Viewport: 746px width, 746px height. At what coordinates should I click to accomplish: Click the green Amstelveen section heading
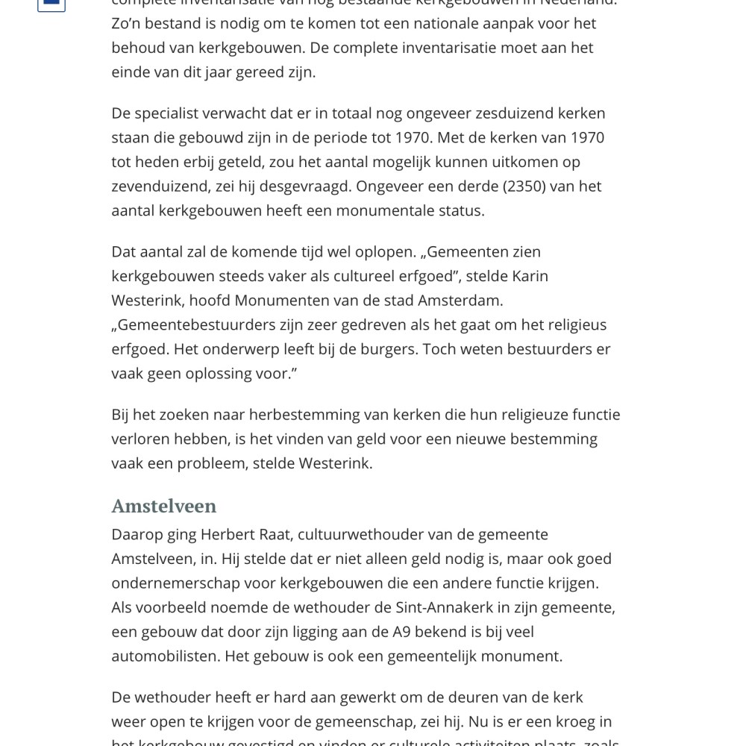tap(163, 506)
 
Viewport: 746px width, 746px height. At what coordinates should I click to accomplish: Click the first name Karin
tap(530, 276)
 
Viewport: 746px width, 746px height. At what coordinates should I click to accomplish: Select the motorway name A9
tap(401, 632)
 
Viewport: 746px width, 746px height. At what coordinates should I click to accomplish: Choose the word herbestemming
tap(301, 414)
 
